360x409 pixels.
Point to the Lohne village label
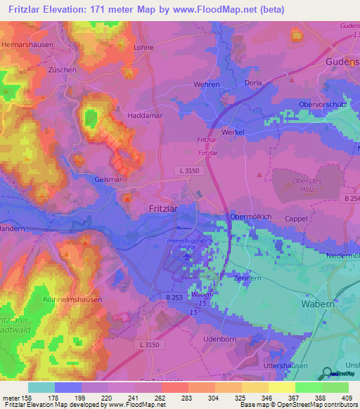[x=143, y=47]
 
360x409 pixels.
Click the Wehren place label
[x=207, y=84]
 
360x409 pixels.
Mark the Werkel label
[x=233, y=132]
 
